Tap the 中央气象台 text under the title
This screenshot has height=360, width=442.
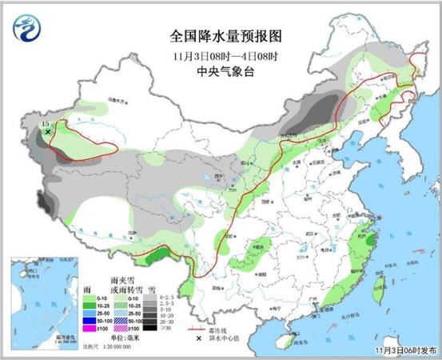click(x=227, y=70)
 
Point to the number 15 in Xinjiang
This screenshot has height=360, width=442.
click(x=45, y=124)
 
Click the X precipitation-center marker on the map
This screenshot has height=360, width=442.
click(x=47, y=132)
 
